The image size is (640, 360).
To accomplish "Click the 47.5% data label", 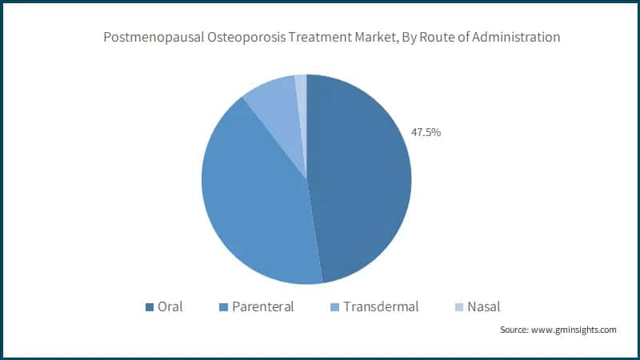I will pyautogui.click(x=426, y=132).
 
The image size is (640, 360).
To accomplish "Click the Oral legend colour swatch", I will pyautogui.click(x=149, y=306).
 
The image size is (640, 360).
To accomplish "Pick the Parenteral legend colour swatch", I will pyautogui.click(x=223, y=306).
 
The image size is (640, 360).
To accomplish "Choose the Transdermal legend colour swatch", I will pyautogui.click(x=335, y=306).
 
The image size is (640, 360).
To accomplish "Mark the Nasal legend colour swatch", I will pyautogui.click(x=458, y=306).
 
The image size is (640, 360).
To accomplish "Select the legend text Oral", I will pyautogui.click(x=170, y=306).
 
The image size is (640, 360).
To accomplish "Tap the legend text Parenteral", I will pyautogui.click(x=263, y=306).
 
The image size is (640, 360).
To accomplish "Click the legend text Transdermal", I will pyautogui.click(x=381, y=306).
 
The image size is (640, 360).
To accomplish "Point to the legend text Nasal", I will pyautogui.click(x=484, y=306).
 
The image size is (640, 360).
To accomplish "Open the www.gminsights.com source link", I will pyautogui.click(x=574, y=330).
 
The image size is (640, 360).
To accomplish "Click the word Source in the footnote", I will pyautogui.click(x=515, y=330).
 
